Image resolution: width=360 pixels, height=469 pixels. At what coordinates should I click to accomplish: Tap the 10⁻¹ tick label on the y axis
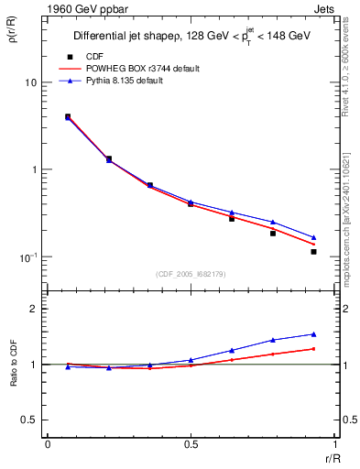tap(26, 257)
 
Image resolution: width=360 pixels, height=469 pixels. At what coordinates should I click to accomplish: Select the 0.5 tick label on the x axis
tap(191, 444)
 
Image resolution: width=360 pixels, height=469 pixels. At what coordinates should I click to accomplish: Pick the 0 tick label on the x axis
tap(48, 444)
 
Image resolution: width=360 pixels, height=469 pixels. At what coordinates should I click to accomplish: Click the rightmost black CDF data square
tap(313, 251)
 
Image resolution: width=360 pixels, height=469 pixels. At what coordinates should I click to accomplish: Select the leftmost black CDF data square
tap(68, 116)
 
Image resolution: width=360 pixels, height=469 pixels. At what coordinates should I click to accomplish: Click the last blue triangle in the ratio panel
tap(313, 334)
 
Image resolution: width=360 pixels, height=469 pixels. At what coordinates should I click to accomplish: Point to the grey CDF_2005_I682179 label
tap(191, 274)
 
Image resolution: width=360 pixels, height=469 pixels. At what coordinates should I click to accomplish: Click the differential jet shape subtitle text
tap(193, 37)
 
